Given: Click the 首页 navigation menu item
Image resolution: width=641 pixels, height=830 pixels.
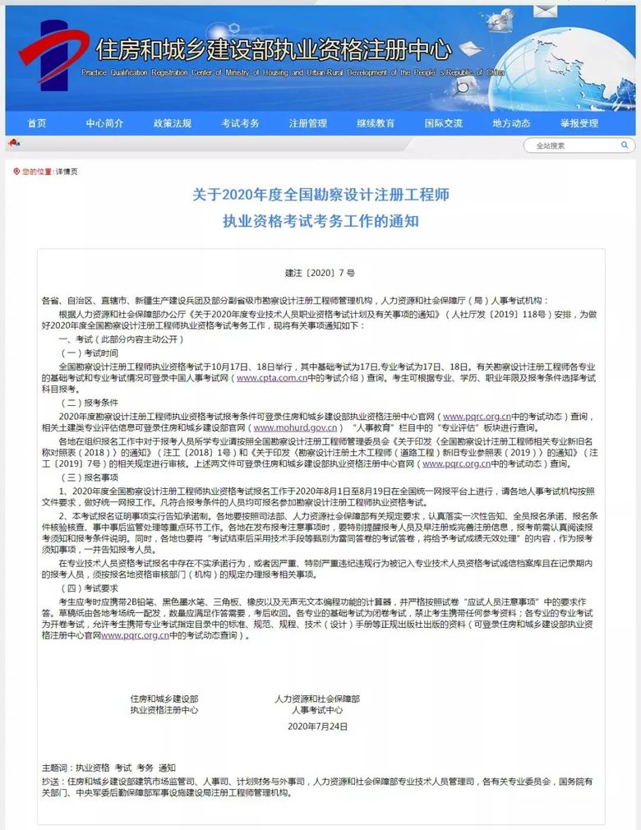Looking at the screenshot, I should point(37,123).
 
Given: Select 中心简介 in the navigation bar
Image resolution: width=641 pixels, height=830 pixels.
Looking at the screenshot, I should point(104,123).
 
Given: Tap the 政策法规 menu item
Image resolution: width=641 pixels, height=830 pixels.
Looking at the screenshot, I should point(173,123).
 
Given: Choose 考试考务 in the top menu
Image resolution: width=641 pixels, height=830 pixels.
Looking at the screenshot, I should point(240,123).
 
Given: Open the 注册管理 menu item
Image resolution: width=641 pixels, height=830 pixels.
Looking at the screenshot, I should point(307,123).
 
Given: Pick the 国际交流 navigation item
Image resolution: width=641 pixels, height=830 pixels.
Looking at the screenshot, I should point(443,123).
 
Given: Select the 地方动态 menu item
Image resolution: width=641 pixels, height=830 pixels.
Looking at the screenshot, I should point(511,123).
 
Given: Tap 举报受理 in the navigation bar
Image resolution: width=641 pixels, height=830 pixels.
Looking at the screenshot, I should point(579,123).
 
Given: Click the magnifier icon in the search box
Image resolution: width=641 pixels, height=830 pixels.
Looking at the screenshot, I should point(625,145).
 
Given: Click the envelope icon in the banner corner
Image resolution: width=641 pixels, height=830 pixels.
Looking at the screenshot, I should point(545,11).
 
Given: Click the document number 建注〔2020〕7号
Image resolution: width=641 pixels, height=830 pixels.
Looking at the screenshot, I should point(320,271).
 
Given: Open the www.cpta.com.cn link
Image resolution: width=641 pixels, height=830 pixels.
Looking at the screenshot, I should point(271,378).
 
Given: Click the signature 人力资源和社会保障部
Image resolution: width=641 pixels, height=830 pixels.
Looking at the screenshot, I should point(317,699).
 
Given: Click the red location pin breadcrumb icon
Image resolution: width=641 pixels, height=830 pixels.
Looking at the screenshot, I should point(16,172).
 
